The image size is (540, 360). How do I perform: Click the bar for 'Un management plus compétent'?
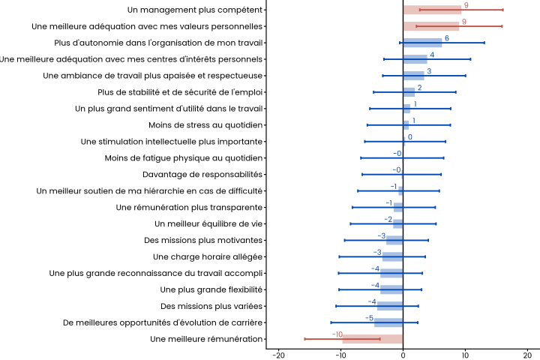click(x=432, y=10)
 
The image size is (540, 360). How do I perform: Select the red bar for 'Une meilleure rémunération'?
click(x=373, y=339)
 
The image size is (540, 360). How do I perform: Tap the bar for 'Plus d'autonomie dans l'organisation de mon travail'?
click(x=422, y=43)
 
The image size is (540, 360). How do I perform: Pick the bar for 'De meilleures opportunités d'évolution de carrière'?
click(x=388, y=322)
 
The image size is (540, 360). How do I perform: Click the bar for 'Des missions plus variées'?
click(x=390, y=306)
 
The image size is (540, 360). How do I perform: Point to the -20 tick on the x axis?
click(x=278, y=354)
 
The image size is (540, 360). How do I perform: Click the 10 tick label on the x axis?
click(x=465, y=354)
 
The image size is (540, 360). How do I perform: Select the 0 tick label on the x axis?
click(x=403, y=354)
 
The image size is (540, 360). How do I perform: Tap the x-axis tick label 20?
click(x=527, y=354)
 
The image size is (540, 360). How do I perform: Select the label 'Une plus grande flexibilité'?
click(x=211, y=289)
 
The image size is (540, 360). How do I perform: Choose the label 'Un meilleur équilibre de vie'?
click(x=208, y=223)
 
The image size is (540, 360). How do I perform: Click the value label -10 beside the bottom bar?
click(x=337, y=334)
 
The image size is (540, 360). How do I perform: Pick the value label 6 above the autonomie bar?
click(x=447, y=38)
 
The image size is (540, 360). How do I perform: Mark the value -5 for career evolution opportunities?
click(x=369, y=318)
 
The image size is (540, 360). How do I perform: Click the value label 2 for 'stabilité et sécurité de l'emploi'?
click(x=419, y=88)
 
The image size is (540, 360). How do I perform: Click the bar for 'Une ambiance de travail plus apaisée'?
click(x=413, y=76)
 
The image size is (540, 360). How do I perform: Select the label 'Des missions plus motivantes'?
click(x=203, y=240)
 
